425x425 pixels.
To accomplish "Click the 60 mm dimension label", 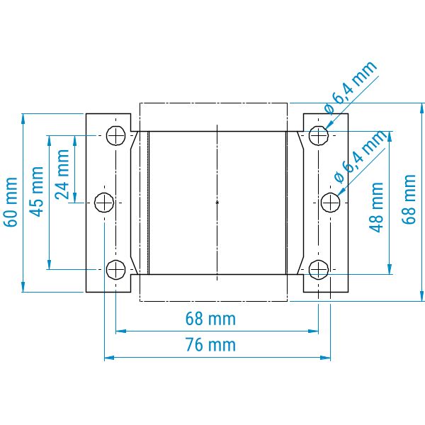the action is pyautogui.click(x=11, y=202).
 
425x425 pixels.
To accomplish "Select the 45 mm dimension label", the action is pyautogui.click(x=37, y=192).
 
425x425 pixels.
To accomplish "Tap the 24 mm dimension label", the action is pyautogui.click(x=62, y=174).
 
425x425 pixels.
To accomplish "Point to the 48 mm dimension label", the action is pyautogui.click(x=377, y=208).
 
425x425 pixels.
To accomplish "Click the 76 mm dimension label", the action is pyautogui.click(x=210, y=344).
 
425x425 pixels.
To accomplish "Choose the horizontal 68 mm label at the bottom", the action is pyautogui.click(x=210, y=319).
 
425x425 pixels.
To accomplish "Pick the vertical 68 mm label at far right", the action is pyautogui.click(x=409, y=200).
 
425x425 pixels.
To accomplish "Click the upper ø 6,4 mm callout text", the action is pyautogui.click(x=351, y=87).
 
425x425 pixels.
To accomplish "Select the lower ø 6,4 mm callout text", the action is pyautogui.click(x=361, y=157).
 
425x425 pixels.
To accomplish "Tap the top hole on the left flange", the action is pyautogui.click(x=115, y=135).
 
